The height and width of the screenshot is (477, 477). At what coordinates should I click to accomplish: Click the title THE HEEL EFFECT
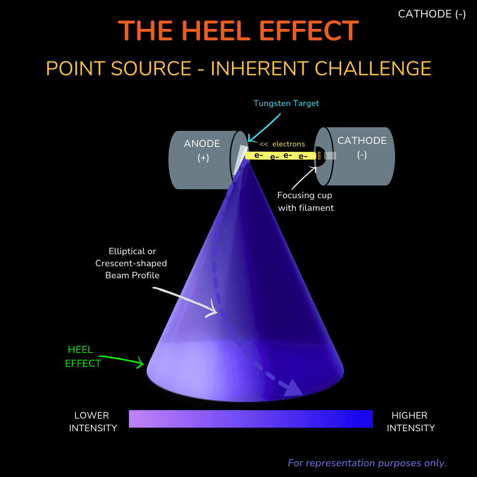[x=238, y=31]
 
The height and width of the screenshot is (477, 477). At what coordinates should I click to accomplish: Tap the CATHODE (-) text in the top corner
[x=432, y=14]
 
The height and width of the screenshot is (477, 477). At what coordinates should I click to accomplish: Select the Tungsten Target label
[x=286, y=104]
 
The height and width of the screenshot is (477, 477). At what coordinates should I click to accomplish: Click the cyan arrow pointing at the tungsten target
[x=264, y=128]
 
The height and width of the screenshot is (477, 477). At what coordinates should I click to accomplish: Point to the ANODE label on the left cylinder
[x=202, y=143]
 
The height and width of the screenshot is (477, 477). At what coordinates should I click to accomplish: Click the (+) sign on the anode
[x=203, y=158]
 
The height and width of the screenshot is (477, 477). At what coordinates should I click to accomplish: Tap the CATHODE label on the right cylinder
[x=362, y=140]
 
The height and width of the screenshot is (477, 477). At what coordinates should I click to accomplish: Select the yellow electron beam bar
[x=281, y=156]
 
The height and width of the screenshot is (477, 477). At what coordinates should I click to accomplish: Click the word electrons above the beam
[x=288, y=144]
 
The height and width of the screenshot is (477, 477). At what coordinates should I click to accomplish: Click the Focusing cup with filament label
[x=305, y=201]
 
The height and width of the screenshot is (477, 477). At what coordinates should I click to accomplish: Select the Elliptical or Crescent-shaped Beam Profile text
[x=131, y=263]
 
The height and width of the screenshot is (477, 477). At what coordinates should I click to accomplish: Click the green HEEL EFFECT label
[x=82, y=357]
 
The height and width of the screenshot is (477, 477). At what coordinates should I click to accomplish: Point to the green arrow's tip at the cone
[x=143, y=363]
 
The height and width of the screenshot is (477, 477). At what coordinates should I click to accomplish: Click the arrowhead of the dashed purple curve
[x=293, y=388]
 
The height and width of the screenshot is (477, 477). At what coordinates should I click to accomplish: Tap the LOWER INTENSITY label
[x=93, y=422]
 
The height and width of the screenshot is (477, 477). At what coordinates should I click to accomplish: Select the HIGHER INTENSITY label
[x=410, y=422]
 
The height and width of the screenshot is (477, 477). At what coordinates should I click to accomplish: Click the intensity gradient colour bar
[x=251, y=419]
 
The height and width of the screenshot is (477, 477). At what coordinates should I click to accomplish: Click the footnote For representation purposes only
[x=367, y=463]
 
